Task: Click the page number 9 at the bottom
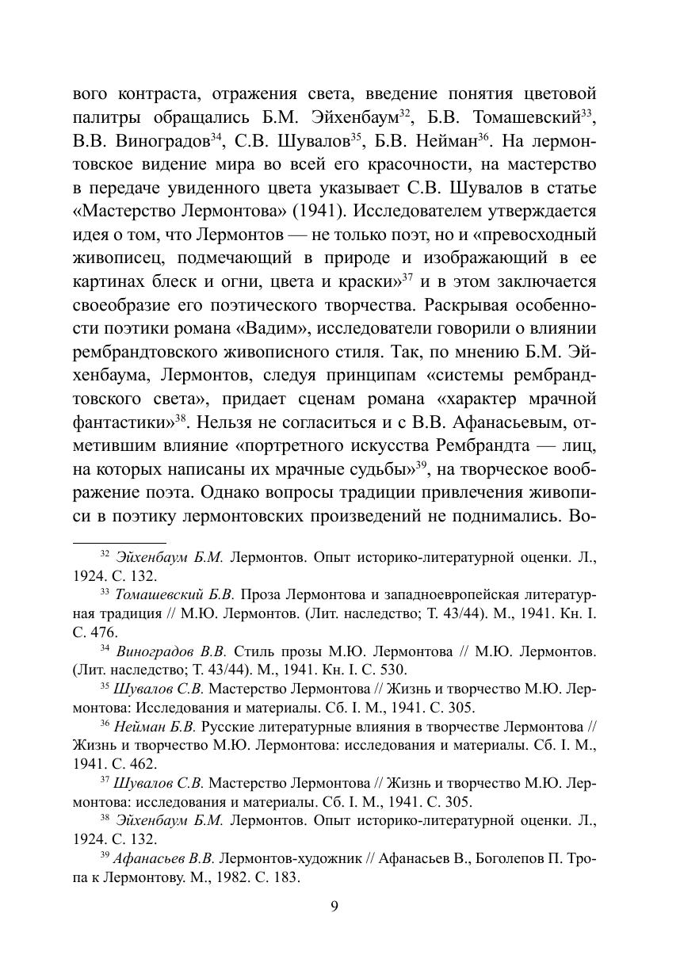click(334, 908)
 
